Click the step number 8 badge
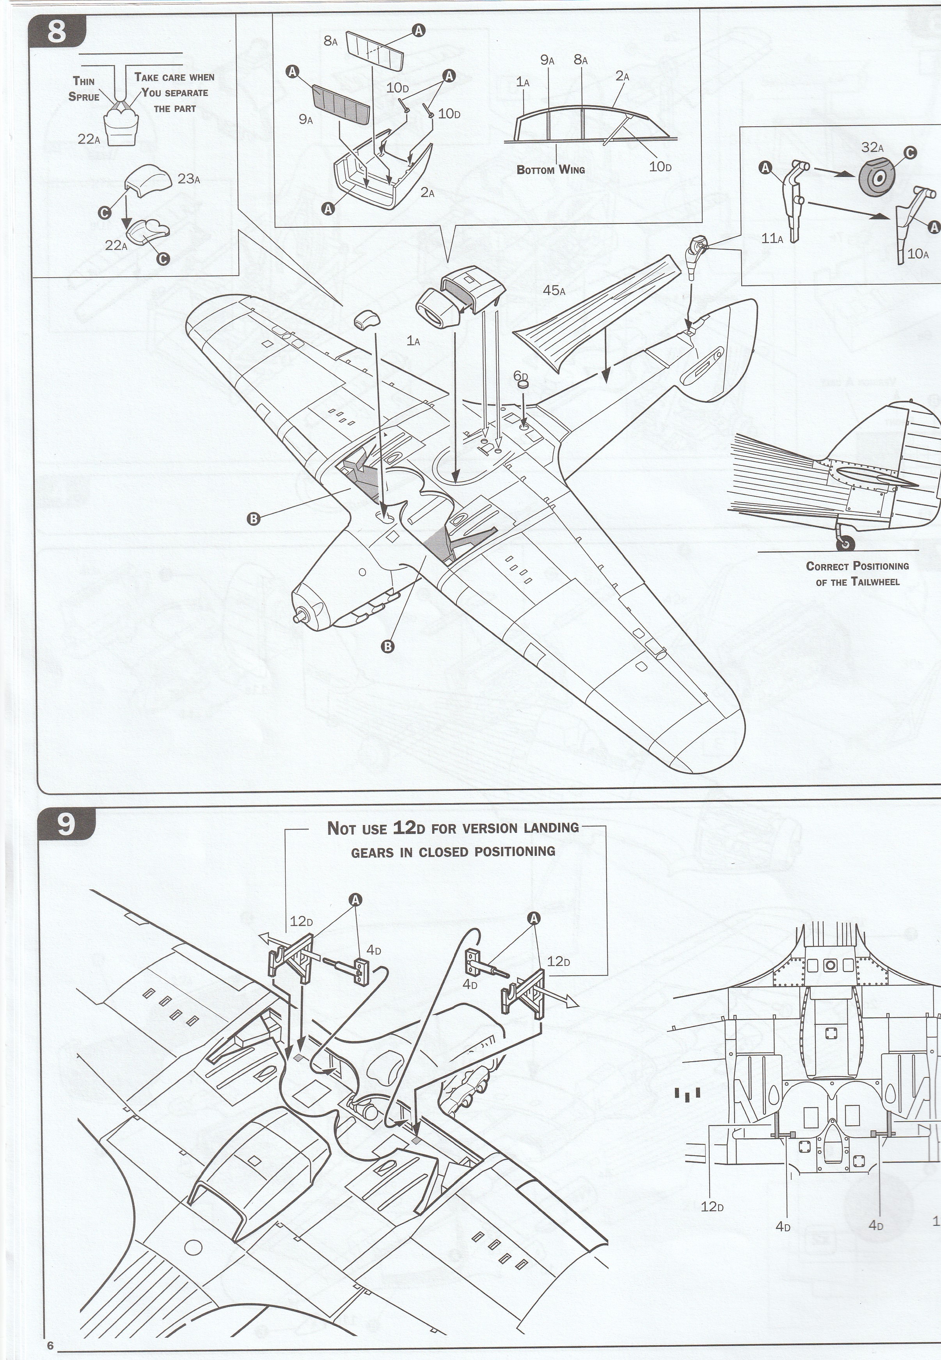(x=56, y=32)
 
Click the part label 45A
(x=554, y=290)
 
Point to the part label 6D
(x=520, y=375)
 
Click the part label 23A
(x=189, y=179)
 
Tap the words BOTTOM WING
(x=551, y=170)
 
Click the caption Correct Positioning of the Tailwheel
(x=857, y=573)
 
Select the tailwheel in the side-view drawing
(x=847, y=543)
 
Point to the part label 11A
(x=772, y=239)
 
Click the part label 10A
(x=918, y=254)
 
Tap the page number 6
(x=51, y=1341)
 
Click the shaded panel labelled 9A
(x=341, y=104)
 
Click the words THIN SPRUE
(x=84, y=89)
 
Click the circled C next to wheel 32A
(x=910, y=152)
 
